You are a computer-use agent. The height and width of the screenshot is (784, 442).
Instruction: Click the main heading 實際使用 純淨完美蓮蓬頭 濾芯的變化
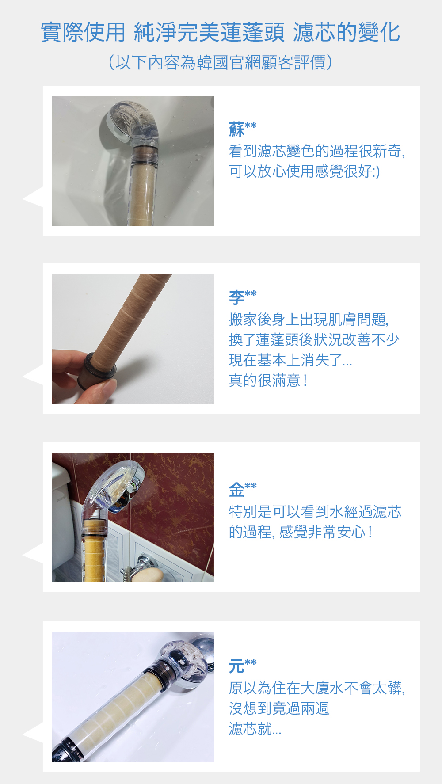tap(221, 32)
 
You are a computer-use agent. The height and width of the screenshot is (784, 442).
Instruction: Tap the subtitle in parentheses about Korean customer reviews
tap(220, 62)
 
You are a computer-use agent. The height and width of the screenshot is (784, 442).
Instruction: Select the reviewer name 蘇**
tap(243, 129)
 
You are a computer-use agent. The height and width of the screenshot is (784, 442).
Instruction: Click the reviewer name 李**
tap(243, 297)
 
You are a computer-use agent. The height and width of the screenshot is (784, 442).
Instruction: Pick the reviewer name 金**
tap(243, 489)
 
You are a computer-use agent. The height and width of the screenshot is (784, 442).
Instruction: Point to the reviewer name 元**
tap(243, 666)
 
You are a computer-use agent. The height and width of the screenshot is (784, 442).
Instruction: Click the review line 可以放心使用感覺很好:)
tap(305, 171)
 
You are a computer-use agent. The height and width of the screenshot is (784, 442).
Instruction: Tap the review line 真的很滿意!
tap(268, 380)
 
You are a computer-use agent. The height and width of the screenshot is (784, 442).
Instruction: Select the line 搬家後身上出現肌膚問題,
tap(309, 319)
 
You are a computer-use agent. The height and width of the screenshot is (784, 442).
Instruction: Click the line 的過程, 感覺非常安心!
tap(300, 532)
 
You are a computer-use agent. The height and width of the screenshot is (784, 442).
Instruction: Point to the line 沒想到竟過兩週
tap(279, 708)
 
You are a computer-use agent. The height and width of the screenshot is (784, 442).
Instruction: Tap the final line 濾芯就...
tap(255, 728)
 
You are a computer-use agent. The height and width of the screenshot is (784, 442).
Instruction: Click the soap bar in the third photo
tap(148, 575)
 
